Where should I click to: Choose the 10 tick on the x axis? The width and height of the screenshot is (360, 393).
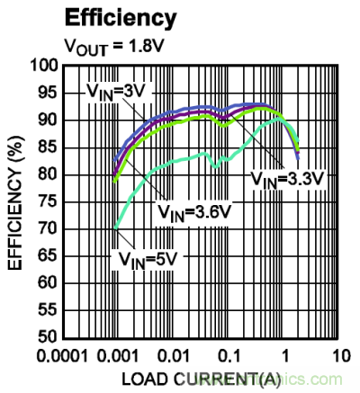click(x=335, y=354)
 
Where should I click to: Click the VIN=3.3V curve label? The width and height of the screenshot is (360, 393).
click(x=287, y=179)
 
